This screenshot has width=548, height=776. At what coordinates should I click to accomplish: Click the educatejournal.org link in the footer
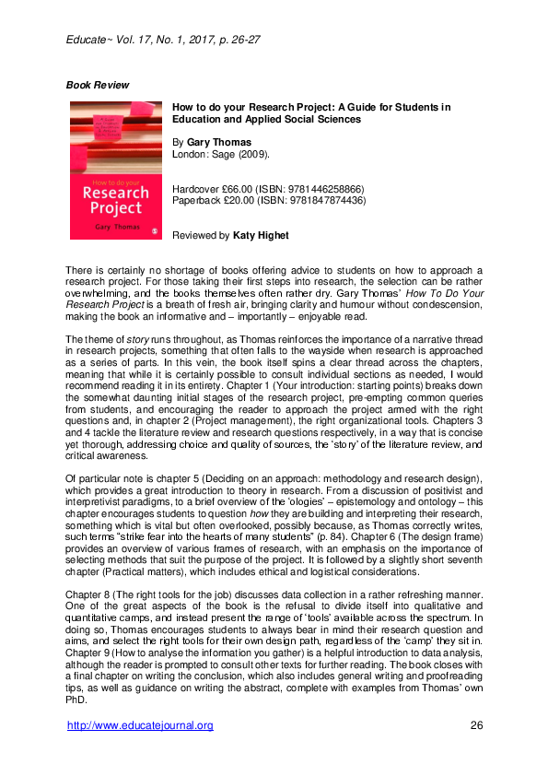click(x=141, y=725)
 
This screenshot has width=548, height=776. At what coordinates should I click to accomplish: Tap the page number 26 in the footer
click(x=476, y=725)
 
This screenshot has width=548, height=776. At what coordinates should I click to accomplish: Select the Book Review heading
click(x=98, y=86)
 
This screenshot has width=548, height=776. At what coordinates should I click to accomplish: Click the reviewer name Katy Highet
click(x=261, y=236)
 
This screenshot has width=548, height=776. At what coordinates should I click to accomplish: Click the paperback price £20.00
click(x=239, y=199)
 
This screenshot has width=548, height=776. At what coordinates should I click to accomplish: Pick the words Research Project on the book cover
click(x=114, y=201)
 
